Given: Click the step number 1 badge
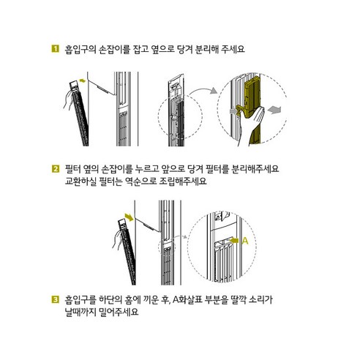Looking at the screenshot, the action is [56, 48].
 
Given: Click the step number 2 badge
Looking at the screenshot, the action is [56, 169].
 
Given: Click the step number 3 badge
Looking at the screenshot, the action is [56, 299].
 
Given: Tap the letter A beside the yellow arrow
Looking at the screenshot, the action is [245, 241].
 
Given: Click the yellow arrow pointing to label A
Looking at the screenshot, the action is [234, 241].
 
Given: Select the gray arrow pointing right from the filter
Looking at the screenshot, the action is [274, 110].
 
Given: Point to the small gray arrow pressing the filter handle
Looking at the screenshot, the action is [233, 111].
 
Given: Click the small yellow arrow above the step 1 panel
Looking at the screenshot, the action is [83, 80].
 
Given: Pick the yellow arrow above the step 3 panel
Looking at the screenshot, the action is [129, 217].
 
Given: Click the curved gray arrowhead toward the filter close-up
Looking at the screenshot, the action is [214, 91].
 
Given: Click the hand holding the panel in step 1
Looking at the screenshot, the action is [68, 100].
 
